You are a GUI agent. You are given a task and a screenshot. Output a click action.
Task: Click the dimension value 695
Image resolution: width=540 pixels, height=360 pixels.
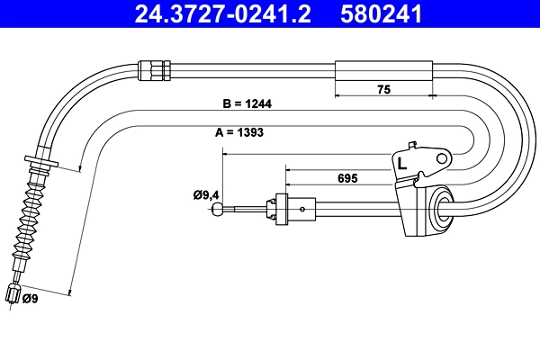click(x=345, y=178)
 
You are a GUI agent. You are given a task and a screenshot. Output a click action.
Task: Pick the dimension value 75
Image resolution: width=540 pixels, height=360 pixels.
click(x=383, y=88)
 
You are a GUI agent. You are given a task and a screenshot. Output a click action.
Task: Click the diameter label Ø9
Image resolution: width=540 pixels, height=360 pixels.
click(x=29, y=299)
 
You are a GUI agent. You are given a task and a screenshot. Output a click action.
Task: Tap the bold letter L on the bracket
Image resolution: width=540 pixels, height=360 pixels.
click(x=401, y=164)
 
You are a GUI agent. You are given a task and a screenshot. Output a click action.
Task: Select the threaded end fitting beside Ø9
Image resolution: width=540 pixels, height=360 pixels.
click(x=13, y=294)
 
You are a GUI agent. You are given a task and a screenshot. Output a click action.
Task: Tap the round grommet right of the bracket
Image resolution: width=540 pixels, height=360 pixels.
click(x=442, y=208)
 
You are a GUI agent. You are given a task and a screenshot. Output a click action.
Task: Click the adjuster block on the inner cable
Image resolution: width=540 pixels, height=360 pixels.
click(x=281, y=208)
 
